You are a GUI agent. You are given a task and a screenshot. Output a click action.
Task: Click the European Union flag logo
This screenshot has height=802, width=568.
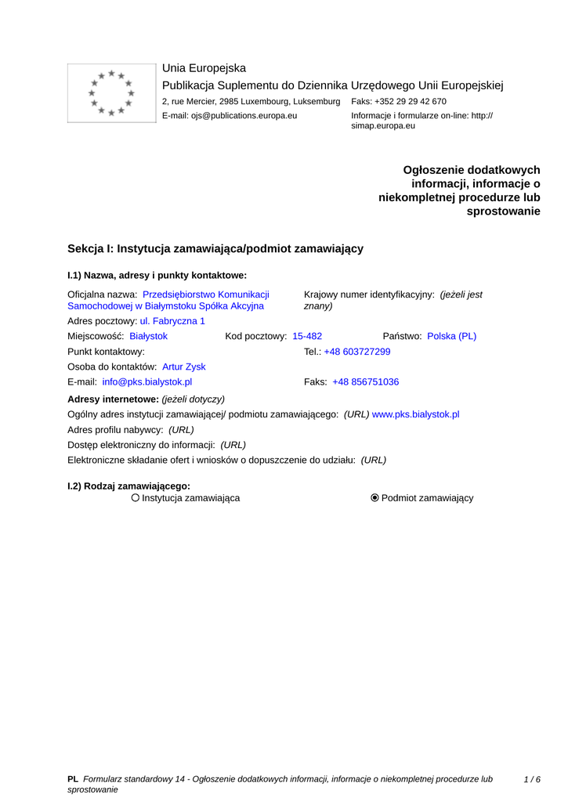111,93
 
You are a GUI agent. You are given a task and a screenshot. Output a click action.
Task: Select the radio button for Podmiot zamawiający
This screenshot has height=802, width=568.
374,498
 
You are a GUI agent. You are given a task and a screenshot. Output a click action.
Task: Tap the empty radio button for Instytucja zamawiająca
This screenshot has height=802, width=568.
136,498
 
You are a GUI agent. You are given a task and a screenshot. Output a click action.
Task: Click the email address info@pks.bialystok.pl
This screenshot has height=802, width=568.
147,382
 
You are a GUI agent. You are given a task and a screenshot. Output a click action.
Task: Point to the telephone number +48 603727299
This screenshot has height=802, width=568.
356,352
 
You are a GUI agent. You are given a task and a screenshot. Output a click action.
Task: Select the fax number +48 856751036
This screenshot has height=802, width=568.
365,382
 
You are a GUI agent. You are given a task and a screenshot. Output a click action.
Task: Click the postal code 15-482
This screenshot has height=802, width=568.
307,336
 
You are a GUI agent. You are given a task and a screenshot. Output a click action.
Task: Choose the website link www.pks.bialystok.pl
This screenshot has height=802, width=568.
415,414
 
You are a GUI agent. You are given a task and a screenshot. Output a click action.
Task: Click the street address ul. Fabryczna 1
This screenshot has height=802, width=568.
172,321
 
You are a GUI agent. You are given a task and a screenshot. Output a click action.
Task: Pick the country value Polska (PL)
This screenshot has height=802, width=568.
451,336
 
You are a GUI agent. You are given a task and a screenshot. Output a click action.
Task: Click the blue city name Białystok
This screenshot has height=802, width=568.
148,336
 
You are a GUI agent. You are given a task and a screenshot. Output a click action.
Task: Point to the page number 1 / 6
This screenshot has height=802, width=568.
532,779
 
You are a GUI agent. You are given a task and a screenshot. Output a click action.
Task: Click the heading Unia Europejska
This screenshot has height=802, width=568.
204,68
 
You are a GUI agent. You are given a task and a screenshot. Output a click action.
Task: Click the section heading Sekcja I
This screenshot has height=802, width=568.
215,248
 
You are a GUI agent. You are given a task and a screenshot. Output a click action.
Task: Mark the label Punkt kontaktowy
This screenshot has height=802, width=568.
106,352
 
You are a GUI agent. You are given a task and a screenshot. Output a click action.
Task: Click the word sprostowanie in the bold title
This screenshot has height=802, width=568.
503,211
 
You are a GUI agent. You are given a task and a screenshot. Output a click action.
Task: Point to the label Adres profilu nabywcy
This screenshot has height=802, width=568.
115,429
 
